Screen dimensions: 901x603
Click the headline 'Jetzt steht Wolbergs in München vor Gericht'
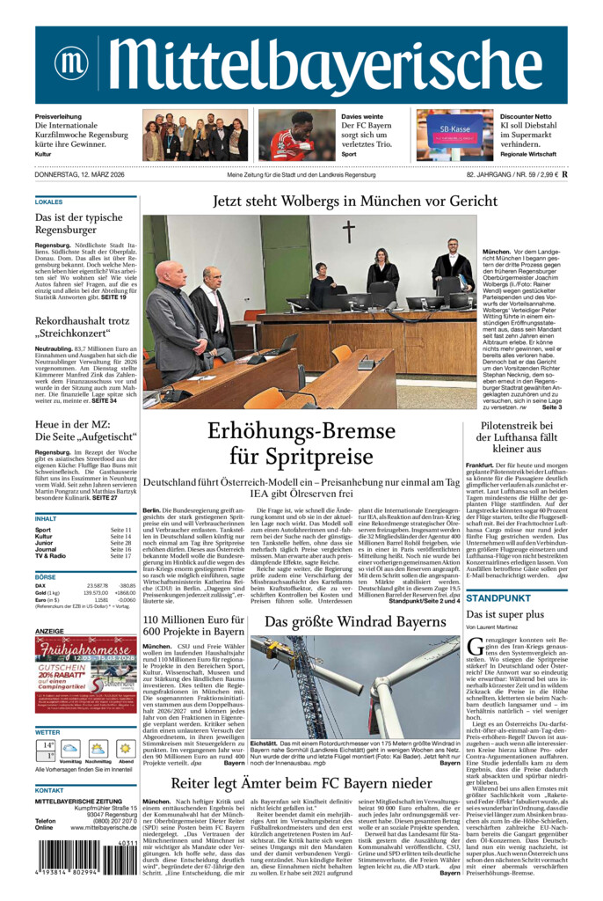pyautogui.click(x=355, y=201)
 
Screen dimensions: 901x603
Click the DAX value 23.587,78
pyautogui.click(x=98, y=585)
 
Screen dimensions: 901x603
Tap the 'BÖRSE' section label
pyautogui.click(x=46, y=576)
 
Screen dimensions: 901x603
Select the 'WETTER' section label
pyautogui.click(x=47, y=732)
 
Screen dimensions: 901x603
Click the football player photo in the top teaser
pyautogui.click(x=291, y=136)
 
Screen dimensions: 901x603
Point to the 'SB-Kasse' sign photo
pyautogui.click(x=454, y=136)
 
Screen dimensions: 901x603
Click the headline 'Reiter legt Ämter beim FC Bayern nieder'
pyautogui.click(x=301, y=782)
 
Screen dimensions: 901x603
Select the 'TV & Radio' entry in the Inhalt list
pyautogui.click(x=50, y=556)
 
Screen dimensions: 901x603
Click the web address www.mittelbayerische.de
pyautogui.click(x=98, y=827)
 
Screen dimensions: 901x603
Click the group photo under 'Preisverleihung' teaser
pyautogui.click(x=195, y=136)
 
